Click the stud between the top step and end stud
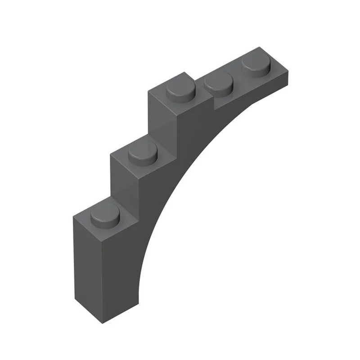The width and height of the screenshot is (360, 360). coord(218,84)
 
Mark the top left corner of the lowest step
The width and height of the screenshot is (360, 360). coord(73,216)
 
